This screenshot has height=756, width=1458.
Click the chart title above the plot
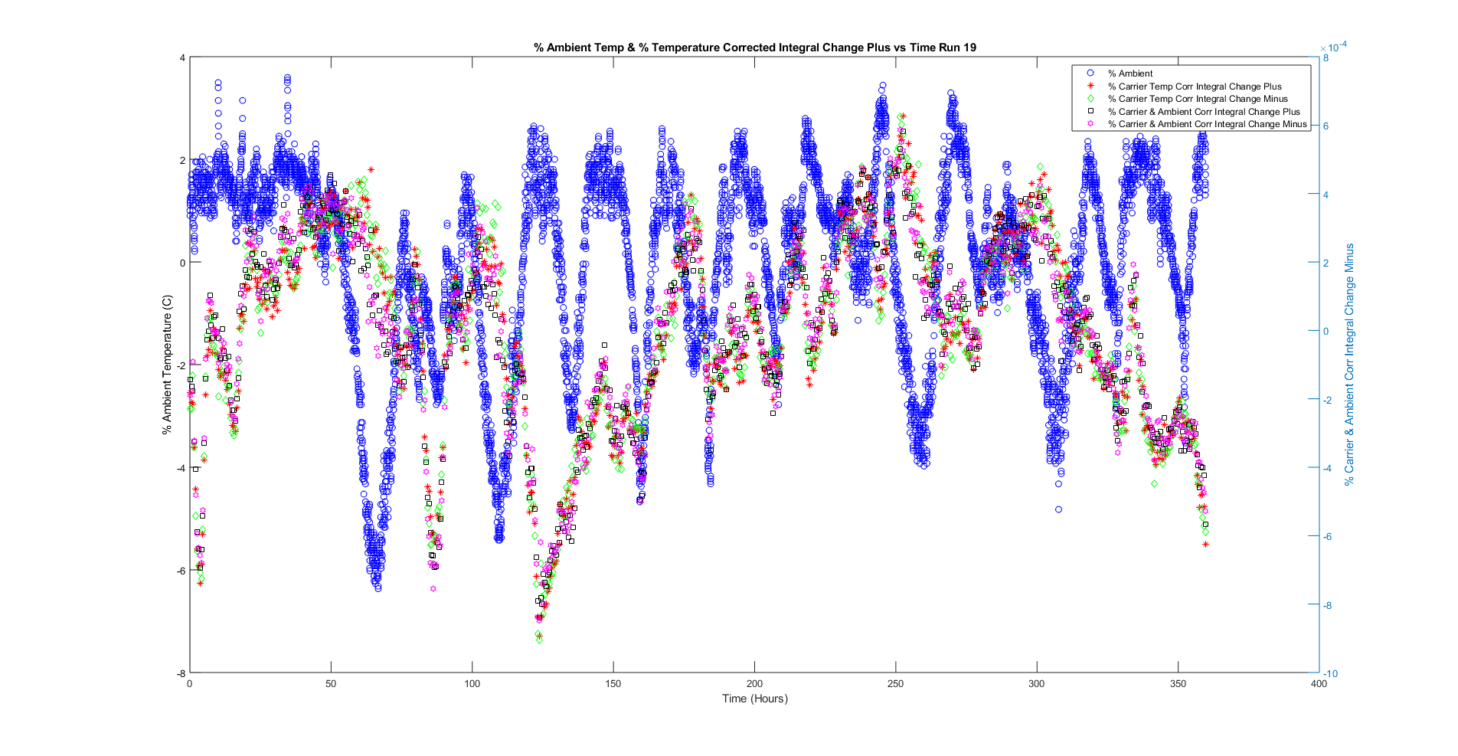click(754, 47)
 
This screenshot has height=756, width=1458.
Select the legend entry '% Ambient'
click(1129, 74)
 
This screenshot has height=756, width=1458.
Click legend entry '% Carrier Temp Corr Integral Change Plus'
click(1194, 87)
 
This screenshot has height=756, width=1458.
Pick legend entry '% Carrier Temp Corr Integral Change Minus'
click(1197, 99)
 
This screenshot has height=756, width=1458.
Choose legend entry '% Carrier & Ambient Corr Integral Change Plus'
click(1203, 112)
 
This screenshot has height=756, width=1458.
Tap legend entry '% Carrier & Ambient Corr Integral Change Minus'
click(1206, 124)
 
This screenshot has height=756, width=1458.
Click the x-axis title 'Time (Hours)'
click(754, 699)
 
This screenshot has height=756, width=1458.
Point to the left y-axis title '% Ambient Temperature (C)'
click(167, 365)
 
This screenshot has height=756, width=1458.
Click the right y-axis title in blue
click(1349, 365)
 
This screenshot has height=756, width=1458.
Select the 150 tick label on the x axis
click(613, 684)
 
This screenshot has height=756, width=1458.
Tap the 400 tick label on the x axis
click(1318, 684)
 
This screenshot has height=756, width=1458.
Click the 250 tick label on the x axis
click(895, 684)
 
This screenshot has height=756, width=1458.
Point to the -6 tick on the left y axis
click(181, 571)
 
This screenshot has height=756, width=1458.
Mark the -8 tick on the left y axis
click(181, 673)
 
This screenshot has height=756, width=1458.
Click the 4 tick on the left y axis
click(182, 58)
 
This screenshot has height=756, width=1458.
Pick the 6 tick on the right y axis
click(1326, 126)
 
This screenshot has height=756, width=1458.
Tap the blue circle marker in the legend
click(1090, 74)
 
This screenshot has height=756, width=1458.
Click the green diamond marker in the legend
click(1090, 99)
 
